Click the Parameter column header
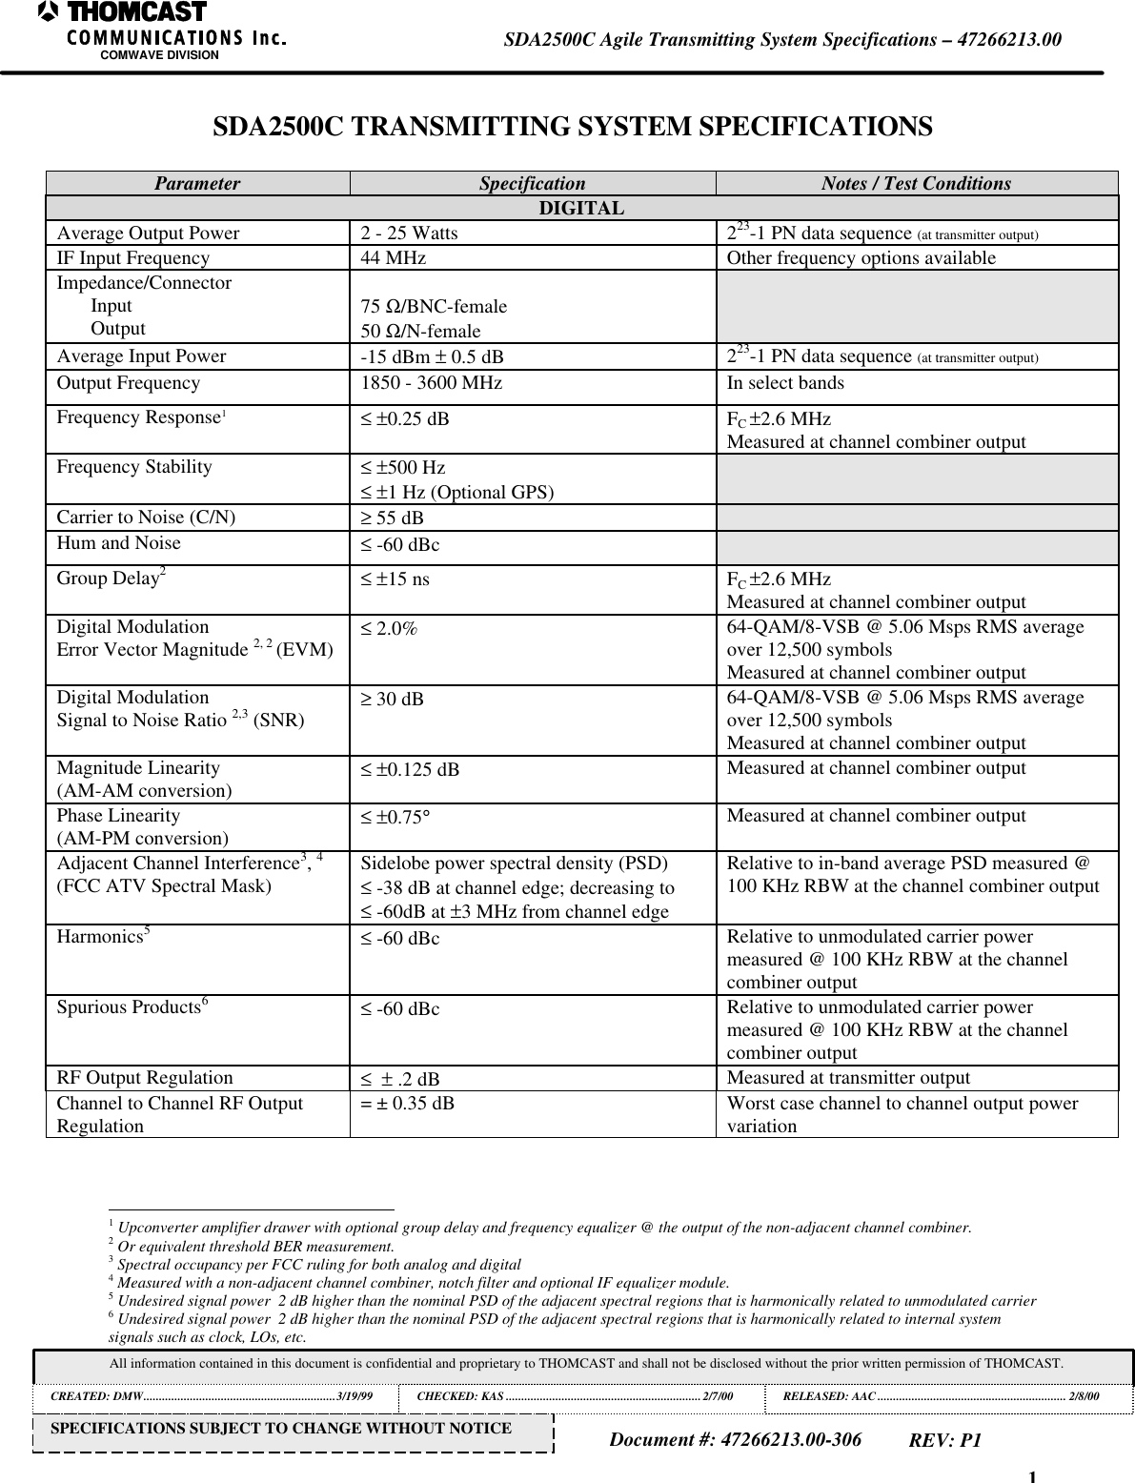point(197,184)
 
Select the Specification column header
point(532,184)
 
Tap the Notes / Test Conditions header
point(916,184)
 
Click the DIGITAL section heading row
point(581,209)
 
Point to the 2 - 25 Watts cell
point(409,234)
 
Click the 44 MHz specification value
point(393,258)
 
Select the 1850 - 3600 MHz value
point(431,384)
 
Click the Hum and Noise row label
point(118,543)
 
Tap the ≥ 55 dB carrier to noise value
point(392,518)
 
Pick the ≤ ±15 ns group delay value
point(395,579)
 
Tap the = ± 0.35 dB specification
point(407,1104)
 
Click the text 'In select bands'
point(784,384)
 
